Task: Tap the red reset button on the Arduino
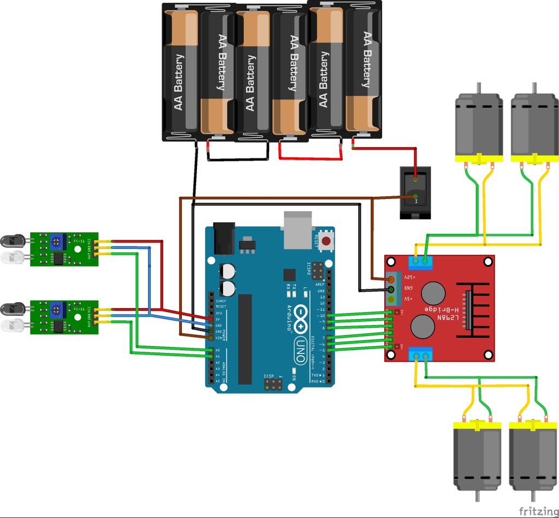326,241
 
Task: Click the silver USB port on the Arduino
298,229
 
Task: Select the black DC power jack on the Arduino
223,238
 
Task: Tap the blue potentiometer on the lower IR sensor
56,310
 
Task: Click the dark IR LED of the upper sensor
12,240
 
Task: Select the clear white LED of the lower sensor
12,326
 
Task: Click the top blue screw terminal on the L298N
422,262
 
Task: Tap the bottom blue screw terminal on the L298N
421,356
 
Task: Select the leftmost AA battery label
179,82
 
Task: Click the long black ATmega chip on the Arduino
245,339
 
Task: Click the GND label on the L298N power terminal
407,288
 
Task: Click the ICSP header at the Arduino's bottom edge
272,385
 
